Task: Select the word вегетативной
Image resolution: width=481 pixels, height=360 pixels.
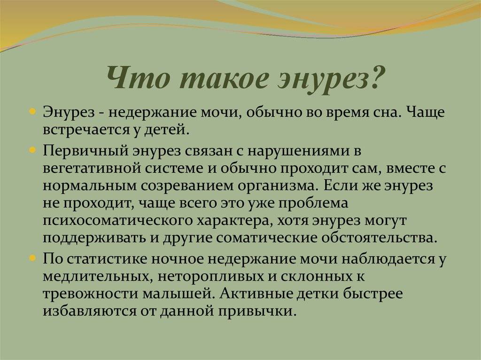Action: pos(92,169)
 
